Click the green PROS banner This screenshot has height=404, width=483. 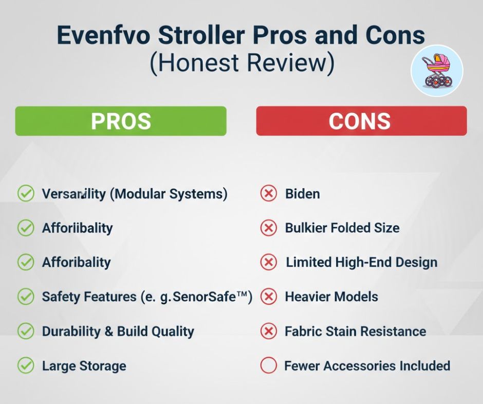(121, 121)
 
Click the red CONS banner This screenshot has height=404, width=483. (361, 121)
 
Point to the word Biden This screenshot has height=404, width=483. (302, 194)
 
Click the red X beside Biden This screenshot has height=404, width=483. (268, 194)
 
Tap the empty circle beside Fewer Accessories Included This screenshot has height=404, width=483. (268, 366)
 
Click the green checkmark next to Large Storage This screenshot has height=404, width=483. (26, 366)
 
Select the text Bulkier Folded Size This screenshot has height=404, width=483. (342, 228)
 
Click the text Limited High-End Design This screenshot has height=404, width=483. (362, 262)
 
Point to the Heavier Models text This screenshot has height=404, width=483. (332, 297)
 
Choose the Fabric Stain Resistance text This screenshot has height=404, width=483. (356, 331)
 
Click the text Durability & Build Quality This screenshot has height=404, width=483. (118, 331)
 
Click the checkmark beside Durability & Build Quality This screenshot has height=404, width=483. (26, 331)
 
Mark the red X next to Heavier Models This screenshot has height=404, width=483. (268, 297)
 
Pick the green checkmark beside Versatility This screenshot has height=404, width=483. (26, 194)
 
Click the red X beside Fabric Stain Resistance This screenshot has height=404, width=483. (268, 331)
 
